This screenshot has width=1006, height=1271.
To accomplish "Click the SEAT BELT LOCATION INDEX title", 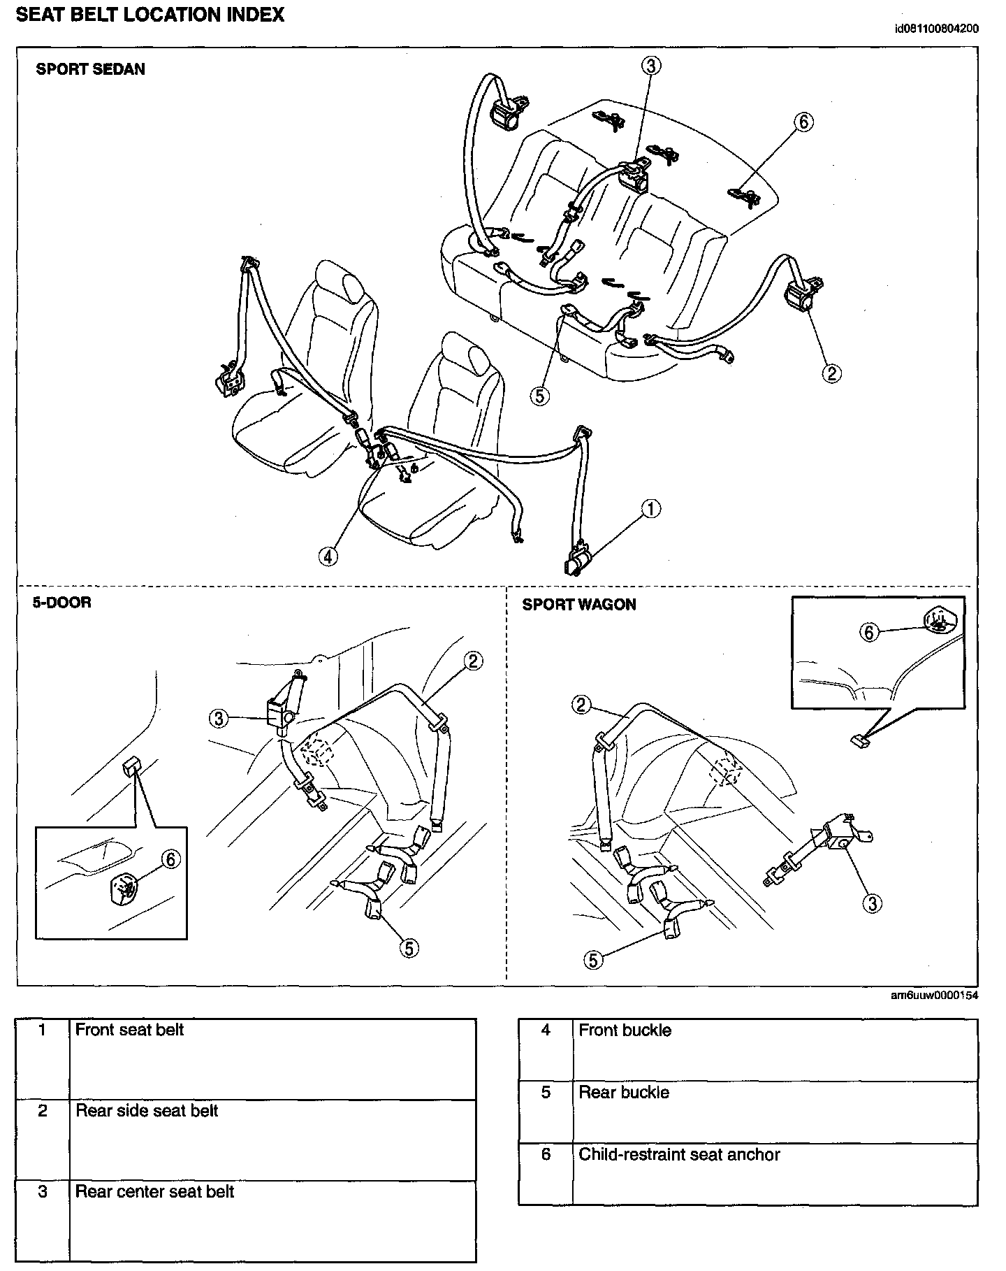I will click(150, 15).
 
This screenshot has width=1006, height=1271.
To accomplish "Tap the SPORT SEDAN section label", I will click(91, 69).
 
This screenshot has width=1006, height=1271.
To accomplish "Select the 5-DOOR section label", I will click(62, 602).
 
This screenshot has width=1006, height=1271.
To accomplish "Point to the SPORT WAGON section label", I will click(579, 605).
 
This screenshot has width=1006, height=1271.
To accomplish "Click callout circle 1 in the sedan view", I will click(650, 508).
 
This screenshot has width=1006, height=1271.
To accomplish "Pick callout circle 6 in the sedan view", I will click(803, 122).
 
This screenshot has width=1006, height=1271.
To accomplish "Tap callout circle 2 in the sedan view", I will click(831, 373).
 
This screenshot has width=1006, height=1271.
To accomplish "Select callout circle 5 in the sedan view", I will click(539, 396).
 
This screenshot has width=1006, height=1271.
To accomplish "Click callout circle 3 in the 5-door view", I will click(219, 718).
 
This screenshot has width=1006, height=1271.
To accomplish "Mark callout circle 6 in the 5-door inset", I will click(171, 859).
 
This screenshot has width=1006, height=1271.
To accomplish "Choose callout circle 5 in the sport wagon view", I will click(593, 960).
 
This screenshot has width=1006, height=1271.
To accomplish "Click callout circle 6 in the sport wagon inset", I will click(868, 632).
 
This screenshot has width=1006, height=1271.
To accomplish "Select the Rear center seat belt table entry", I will click(154, 1191).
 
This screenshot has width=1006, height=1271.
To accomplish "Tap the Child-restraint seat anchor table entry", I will click(679, 1154).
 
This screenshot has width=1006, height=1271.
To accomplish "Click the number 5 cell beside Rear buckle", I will click(546, 1092).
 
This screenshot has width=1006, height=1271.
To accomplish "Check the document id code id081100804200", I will click(936, 29).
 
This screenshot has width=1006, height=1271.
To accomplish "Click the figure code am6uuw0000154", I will click(935, 996).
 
